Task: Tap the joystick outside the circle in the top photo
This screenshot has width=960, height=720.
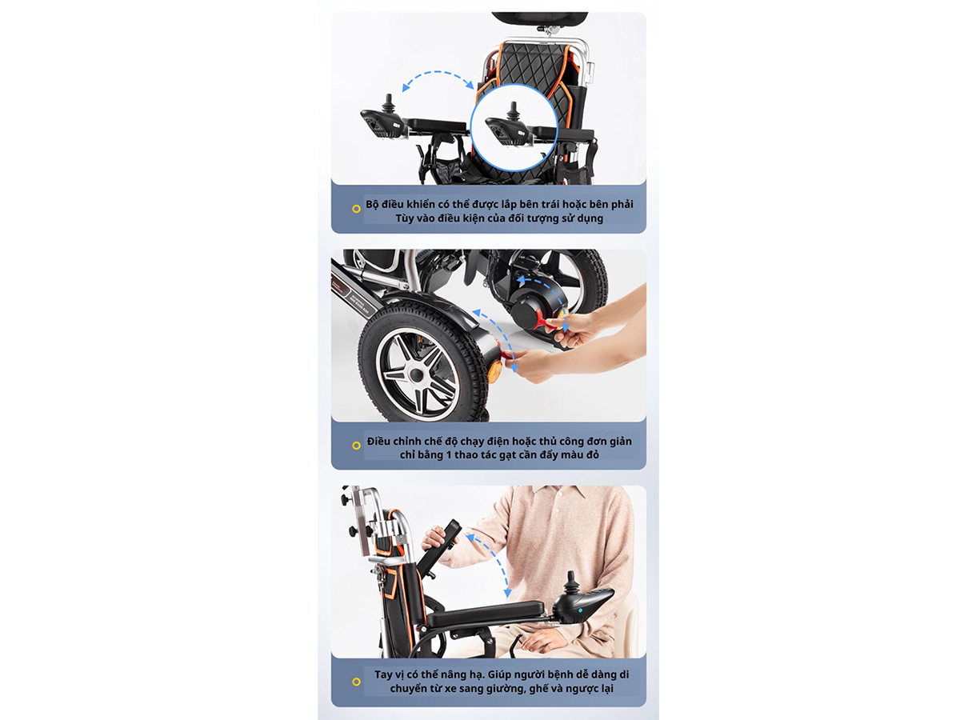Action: (x=388, y=104)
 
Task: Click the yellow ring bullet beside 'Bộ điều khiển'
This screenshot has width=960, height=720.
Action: (x=356, y=209)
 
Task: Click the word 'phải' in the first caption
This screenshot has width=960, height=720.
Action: (x=622, y=205)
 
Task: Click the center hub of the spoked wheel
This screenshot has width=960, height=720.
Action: (x=415, y=374)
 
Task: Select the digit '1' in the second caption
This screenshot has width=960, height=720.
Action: (x=449, y=454)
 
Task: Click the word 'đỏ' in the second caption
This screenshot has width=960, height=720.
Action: (x=593, y=454)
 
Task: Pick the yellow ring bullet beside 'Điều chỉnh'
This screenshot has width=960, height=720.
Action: (x=356, y=446)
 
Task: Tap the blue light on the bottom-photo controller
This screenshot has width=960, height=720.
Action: (x=580, y=610)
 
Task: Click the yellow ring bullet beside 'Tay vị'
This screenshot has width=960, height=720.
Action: (x=356, y=682)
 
